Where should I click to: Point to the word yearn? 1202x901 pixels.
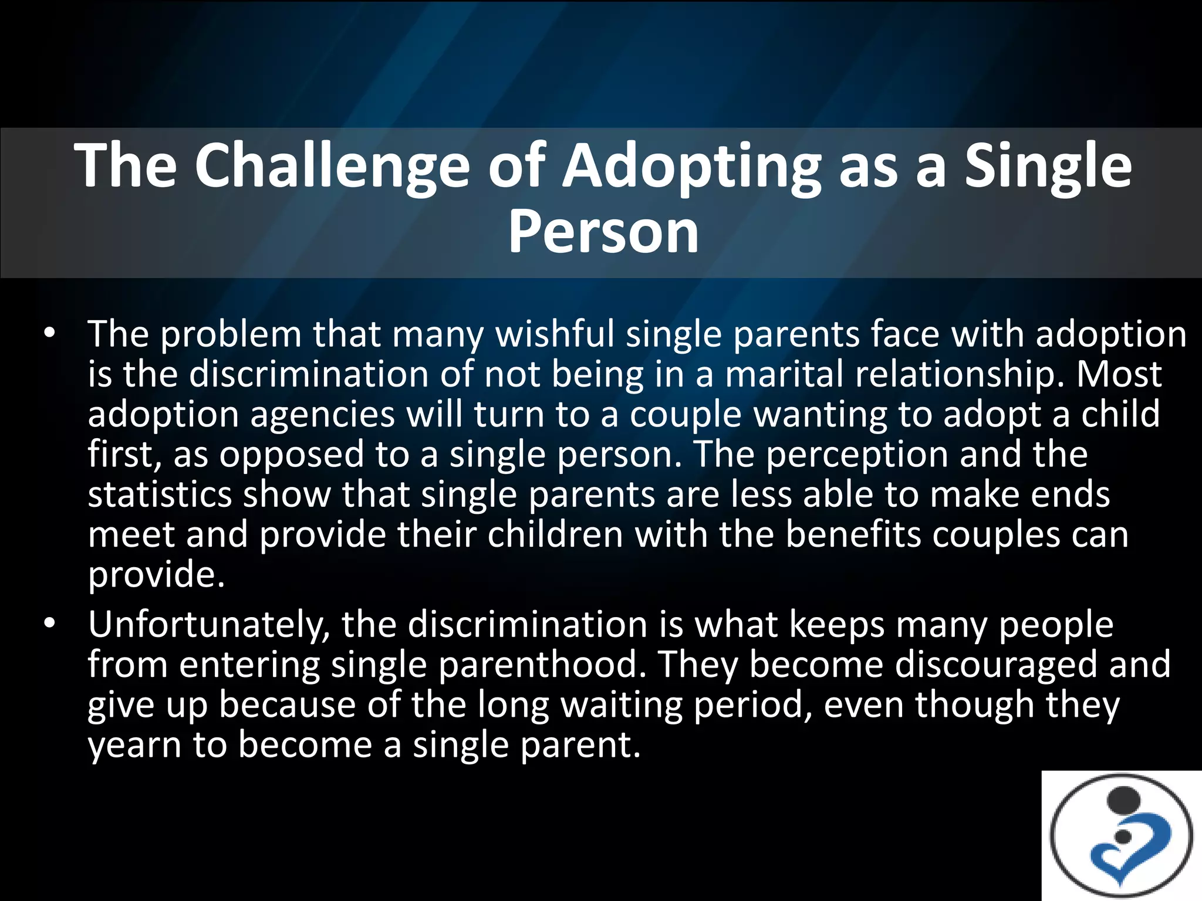pyautogui.click(x=134, y=746)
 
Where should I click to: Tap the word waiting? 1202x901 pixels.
pyautogui.click(x=622, y=705)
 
